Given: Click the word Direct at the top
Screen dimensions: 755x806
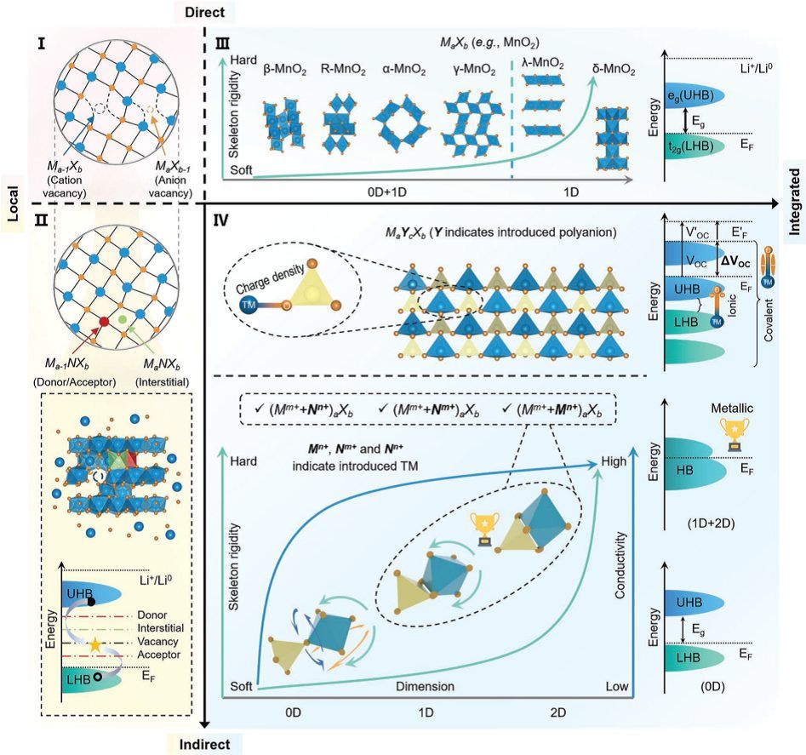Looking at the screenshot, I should pos(229,12).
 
